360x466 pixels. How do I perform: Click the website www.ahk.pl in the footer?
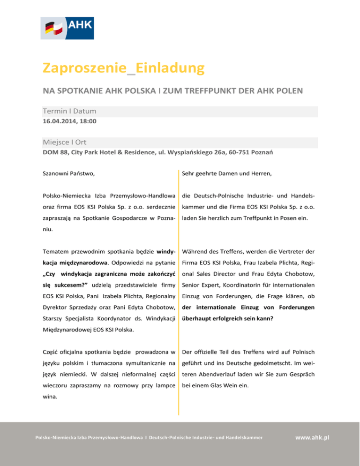pos(312,437)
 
